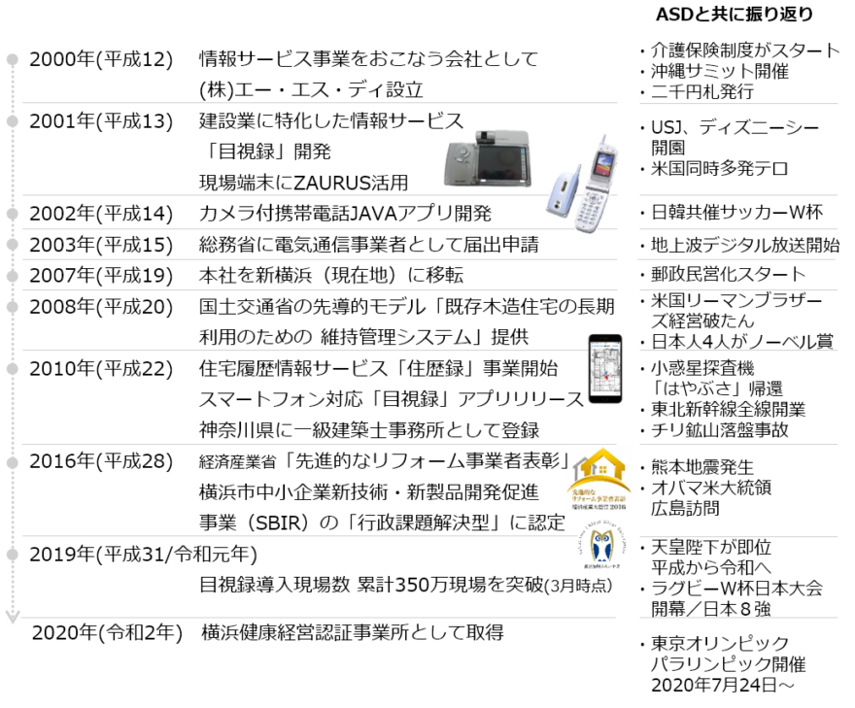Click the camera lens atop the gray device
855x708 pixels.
(x=483, y=136)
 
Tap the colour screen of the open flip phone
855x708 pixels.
(x=604, y=163)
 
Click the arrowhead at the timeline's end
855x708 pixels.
(x=13, y=619)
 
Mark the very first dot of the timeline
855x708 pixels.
(x=13, y=59)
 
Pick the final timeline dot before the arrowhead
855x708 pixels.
(x=13, y=554)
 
